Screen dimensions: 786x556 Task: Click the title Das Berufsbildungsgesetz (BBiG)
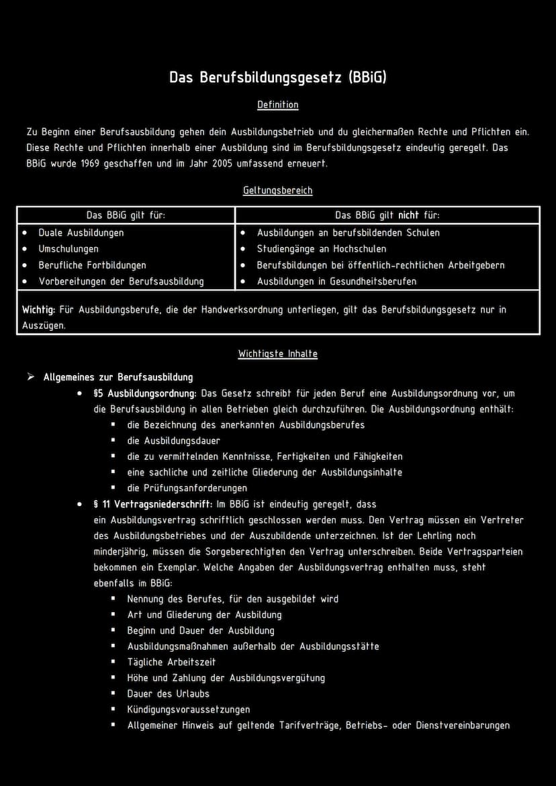(x=277, y=77)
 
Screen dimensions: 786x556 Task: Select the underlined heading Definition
(x=277, y=105)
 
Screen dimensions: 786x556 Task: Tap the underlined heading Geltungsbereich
(x=277, y=191)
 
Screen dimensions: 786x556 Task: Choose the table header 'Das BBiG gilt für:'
(x=126, y=215)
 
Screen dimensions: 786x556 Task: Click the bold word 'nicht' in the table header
(x=408, y=215)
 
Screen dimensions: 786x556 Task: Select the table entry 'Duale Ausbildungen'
(x=81, y=233)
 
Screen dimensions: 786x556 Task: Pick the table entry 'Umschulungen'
(x=68, y=249)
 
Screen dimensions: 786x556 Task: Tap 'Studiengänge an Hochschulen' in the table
(x=322, y=249)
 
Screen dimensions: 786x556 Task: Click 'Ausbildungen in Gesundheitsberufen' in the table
(x=336, y=281)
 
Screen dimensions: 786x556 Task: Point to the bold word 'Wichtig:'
(x=38, y=310)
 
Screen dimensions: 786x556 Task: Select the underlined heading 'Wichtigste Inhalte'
(x=277, y=354)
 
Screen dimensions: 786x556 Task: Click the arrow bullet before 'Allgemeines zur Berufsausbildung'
(x=30, y=377)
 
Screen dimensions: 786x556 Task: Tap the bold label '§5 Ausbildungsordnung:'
(x=145, y=393)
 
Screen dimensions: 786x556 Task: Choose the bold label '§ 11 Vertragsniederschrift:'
(x=153, y=504)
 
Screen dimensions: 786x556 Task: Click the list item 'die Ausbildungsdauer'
(x=173, y=441)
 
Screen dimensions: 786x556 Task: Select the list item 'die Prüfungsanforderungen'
(x=187, y=488)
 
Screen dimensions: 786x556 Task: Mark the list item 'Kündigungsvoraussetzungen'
(x=188, y=709)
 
